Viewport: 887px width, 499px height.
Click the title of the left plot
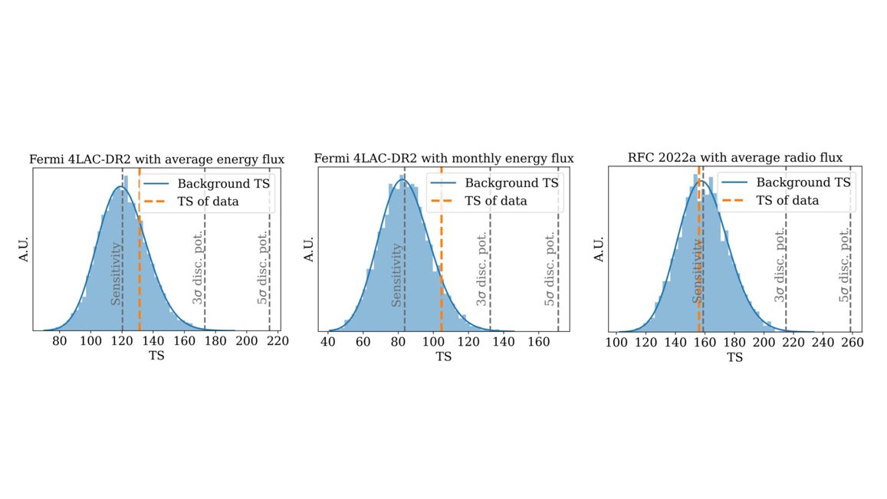coord(157,159)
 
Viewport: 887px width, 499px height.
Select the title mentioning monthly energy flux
coord(444,159)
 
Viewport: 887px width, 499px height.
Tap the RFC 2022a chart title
coord(734,158)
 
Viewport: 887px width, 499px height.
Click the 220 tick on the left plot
coord(278,341)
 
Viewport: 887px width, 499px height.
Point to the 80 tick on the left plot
coord(59,341)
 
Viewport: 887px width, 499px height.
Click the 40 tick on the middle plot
coord(328,341)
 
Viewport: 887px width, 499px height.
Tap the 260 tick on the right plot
coord(852,341)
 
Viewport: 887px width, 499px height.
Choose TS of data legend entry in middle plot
coord(495,201)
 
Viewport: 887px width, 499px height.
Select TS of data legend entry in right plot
coord(787,200)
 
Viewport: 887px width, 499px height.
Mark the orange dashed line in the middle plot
coord(442,261)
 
